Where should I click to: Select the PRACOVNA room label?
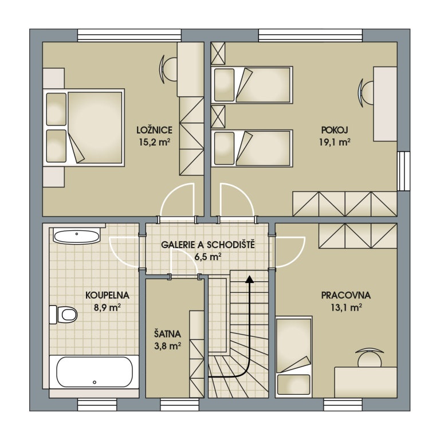click(345, 296)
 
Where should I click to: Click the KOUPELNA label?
click(107, 296)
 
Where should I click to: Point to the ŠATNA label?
click(167, 333)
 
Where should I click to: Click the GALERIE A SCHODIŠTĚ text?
click(207, 245)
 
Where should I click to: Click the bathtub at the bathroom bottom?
click(94, 372)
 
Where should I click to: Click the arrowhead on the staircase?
click(249, 280)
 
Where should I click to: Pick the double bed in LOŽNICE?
click(86, 127)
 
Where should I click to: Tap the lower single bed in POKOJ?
click(252, 148)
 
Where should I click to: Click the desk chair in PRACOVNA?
click(369, 357)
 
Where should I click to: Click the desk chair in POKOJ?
click(367, 92)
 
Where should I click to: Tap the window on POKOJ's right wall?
click(404, 171)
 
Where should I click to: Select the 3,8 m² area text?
click(167, 345)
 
